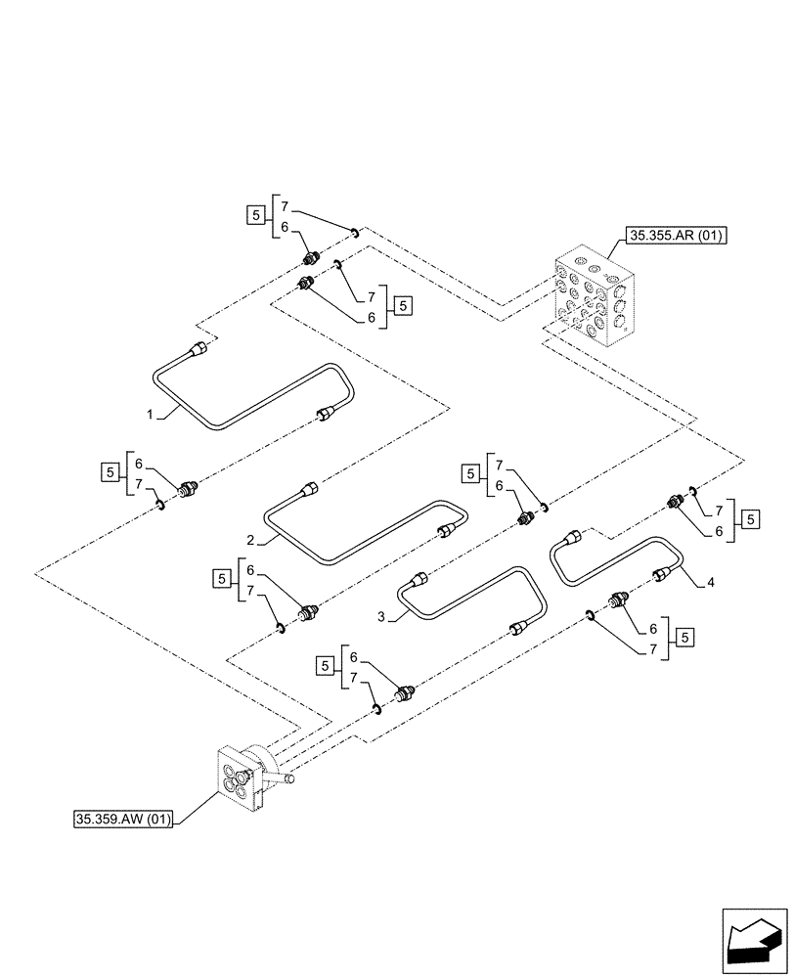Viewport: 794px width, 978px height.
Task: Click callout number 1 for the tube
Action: pyautogui.click(x=150, y=415)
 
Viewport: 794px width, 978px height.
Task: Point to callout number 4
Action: pyautogui.click(x=710, y=584)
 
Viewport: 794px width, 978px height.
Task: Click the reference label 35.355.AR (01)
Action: pyautogui.click(x=672, y=236)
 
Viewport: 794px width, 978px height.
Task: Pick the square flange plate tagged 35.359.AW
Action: pyautogui.click(x=239, y=778)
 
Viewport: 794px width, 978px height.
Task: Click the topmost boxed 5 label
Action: pyautogui.click(x=254, y=216)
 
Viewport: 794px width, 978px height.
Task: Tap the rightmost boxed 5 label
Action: pyautogui.click(x=750, y=518)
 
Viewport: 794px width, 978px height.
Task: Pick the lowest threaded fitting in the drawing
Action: pyautogui.click(x=403, y=695)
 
